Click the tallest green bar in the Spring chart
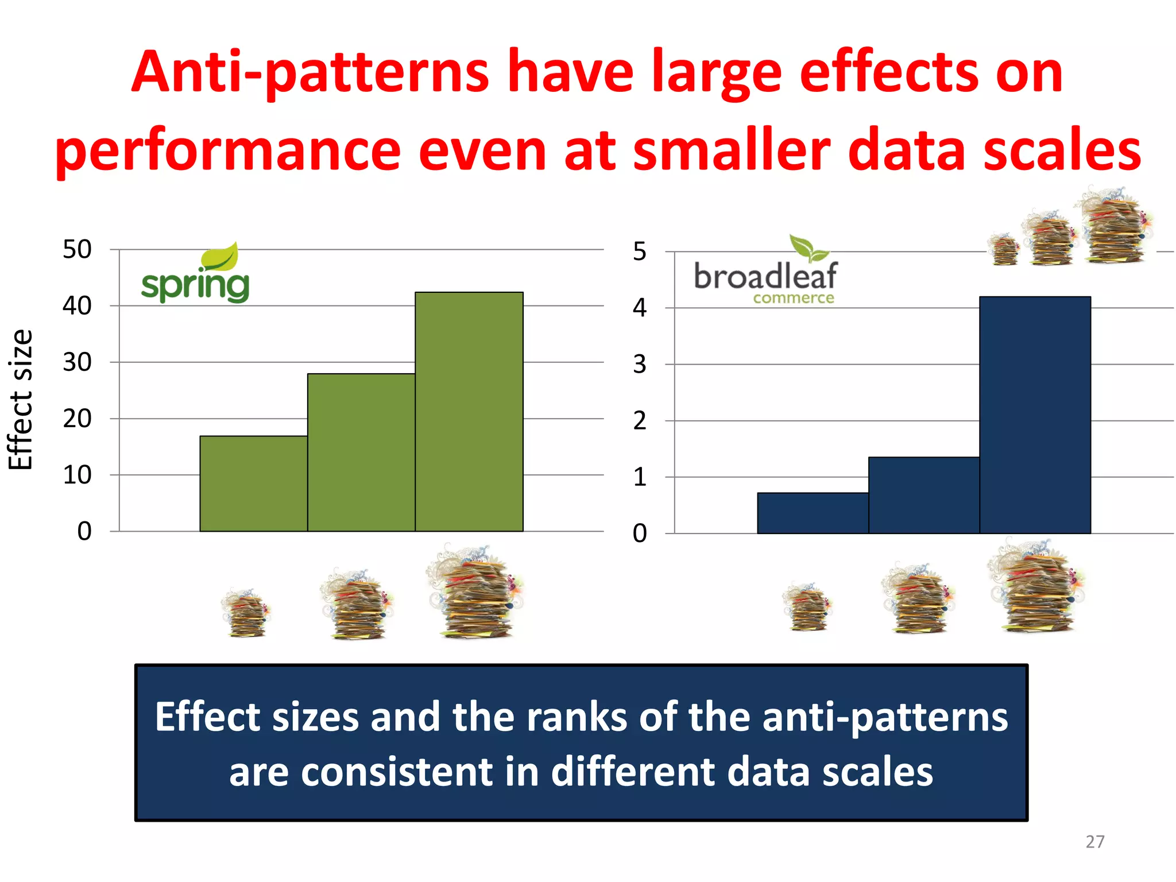(x=469, y=411)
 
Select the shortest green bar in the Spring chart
(x=253, y=483)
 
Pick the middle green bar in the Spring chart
(x=361, y=452)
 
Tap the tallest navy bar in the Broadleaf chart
(x=1035, y=415)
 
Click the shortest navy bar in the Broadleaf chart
(x=812, y=513)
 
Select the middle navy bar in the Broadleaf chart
(x=923, y=495)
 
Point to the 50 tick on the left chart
(x=77, y=250)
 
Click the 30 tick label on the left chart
(x=77, y=362)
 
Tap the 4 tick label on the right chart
(x=639, y=308)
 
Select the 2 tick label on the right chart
(x=639, y=421)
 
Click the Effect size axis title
(x=21, y=400)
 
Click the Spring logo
(x=195, y=274)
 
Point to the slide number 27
(x=1094, y=842)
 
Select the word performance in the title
(x=227, y=150)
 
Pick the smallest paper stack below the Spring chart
(x=246, y=613)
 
